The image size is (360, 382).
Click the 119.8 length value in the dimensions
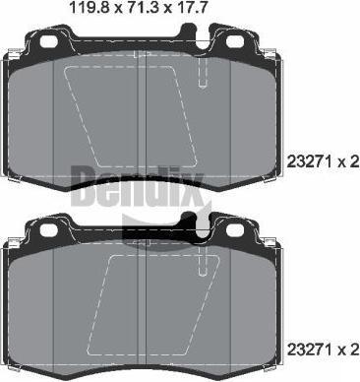click(89, 7)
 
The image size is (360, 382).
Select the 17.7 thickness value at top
click(190, 7)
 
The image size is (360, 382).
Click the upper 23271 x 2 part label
click(323, 162)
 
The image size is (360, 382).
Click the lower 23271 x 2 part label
click(323, 350)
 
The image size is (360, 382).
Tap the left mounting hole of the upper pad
click(49, 41)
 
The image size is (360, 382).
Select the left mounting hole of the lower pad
click(49, 229)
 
